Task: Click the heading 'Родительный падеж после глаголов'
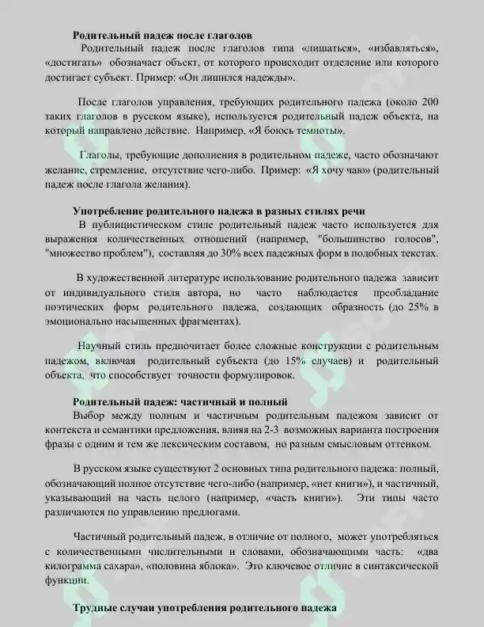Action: click(163, 36)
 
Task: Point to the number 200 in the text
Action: click(428, 103)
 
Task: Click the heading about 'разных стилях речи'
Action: click(219, 211)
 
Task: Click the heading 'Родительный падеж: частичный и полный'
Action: click(180, 401)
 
